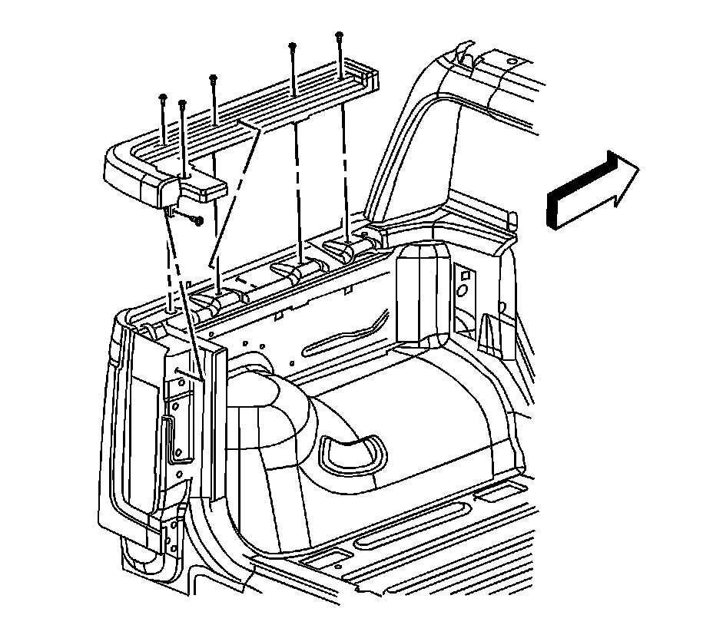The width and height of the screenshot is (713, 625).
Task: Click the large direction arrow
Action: [590, 191]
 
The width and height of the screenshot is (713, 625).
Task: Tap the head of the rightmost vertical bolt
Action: [339, 35]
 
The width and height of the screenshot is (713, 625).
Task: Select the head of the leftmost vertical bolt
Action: [164, 97]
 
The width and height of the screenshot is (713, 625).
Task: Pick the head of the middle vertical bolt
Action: [213, 78]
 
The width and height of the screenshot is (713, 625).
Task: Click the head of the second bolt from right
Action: [293, 46]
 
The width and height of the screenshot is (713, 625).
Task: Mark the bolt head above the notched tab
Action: [183, 103]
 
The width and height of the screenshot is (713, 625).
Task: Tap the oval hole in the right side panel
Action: [463, 291]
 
